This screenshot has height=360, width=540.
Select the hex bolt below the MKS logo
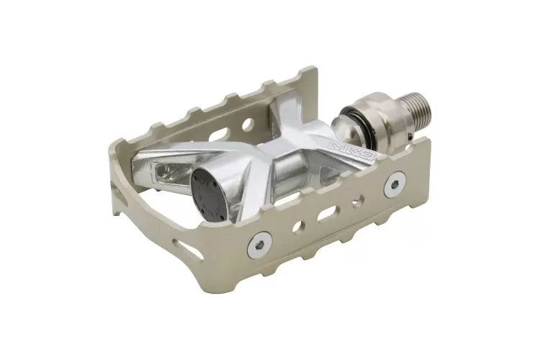(393, 186)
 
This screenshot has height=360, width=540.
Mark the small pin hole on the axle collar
(407, 130)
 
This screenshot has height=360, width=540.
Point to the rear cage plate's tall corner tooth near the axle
(308, 77)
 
